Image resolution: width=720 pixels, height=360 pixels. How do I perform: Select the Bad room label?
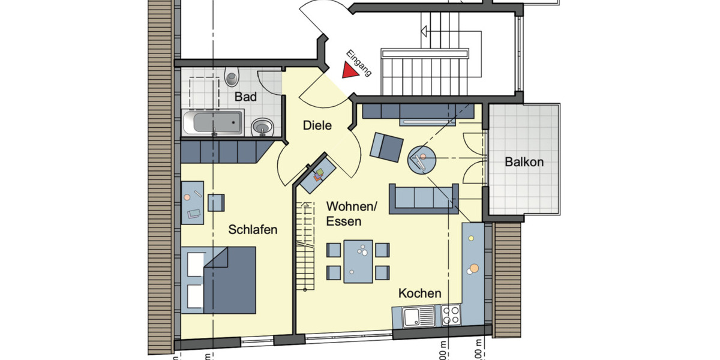[x=246, y=97]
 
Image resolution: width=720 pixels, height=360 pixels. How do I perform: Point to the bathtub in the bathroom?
[x=213, y=122]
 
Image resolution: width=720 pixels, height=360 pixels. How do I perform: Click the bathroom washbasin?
[x=262, y=127]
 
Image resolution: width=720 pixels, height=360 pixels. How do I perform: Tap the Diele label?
[x=317, y=125]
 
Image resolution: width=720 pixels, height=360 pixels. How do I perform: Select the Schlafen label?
[x=253, y=229]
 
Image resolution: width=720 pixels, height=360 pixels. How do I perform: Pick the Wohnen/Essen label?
[x=352, y=214]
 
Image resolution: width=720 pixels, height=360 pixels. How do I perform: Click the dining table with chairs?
[x=358, y=262]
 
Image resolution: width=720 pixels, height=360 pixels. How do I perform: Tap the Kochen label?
[x=420, y=293]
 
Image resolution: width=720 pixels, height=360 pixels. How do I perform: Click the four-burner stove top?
[x=451, y=316]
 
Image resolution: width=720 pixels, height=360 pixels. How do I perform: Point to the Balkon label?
[x=524, y=162]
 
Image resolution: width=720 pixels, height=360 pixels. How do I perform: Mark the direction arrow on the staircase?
[x=426, y=31]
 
